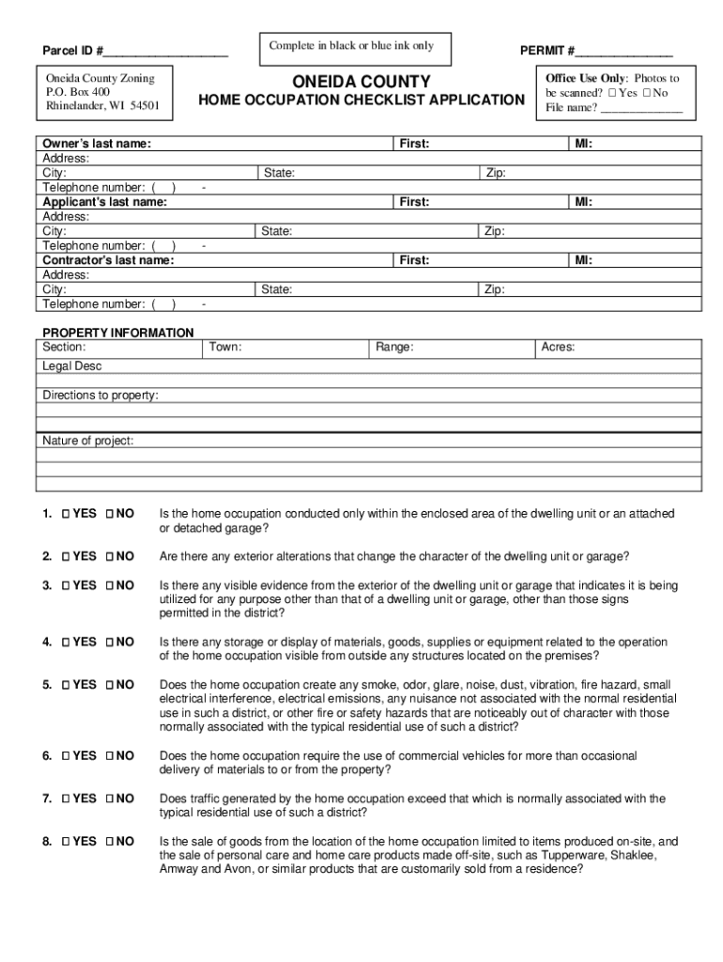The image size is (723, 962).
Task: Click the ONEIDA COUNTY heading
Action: click(x=361, y=82)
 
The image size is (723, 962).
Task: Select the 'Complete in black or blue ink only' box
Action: click(x=351, y=46)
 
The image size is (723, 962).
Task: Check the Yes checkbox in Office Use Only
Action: click(x=612, y=94)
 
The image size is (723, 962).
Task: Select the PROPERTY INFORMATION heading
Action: click(x=118, y=333)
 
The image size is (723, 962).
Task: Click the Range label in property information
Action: click(x=394, y=348)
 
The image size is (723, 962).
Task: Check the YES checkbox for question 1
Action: click(x=66, y=514)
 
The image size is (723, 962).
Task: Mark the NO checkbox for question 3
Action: click(x=110, y=585)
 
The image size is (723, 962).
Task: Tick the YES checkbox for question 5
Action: click(x=66, y=685)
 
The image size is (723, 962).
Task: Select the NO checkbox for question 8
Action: click(x=110, y=842)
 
